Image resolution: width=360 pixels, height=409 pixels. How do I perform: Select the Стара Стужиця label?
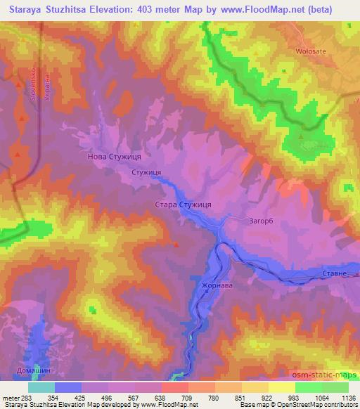(x=183, y=204)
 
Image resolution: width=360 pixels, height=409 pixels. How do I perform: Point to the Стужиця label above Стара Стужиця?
(x=148, y=172)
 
